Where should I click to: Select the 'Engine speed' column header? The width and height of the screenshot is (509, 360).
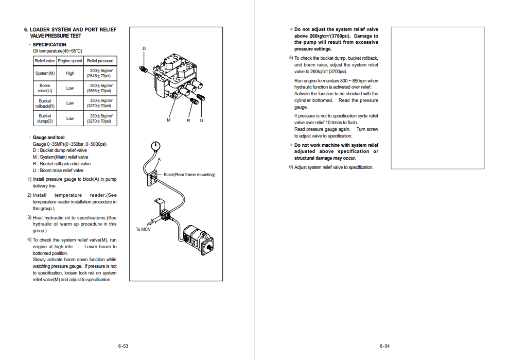(x=70, y=61)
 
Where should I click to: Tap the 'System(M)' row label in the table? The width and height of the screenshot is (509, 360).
(x=45, y=73)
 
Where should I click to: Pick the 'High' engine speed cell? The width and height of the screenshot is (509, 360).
(x=70, y=73)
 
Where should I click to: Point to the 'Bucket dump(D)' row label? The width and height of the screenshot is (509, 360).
(x=45, y=118)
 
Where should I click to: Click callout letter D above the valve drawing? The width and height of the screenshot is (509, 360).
(x=144, y=48)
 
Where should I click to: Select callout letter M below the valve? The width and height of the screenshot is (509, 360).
(x=168, y=120)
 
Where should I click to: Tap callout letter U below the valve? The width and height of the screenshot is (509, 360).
(x=201, y=120)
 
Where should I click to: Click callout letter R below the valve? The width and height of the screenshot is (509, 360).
(x=188, y=120)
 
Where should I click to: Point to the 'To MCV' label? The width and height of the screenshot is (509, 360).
(x=143, y=229)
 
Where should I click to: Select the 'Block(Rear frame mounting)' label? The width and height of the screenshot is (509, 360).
(x=189, y=175)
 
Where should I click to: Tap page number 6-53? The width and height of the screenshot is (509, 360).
(x=122, y=346)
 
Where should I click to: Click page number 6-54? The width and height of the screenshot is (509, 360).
(x=384, y=346)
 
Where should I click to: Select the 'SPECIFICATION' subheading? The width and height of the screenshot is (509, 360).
(x=49, y=45)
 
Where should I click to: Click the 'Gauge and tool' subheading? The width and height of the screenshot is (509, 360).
(x=48, y=138)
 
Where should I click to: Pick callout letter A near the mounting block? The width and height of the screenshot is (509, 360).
(x=159, y=160)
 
